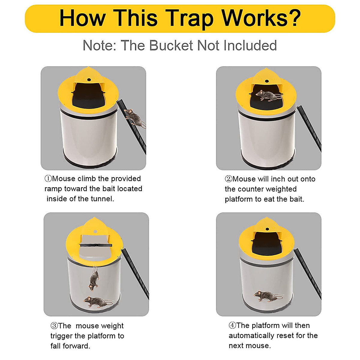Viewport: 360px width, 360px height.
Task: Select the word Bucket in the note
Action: click(x=171, y=46)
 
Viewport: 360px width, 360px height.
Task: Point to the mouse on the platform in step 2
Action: click(x=268, y=95)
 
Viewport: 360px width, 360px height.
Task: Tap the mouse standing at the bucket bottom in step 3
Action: click(x=96, y=301)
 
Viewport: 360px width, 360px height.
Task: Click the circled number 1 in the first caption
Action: click(x=48, y=179)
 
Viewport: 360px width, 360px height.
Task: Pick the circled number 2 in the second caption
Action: click(x=229, y=179)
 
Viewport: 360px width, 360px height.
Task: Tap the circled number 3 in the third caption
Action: click(x=54, y=326)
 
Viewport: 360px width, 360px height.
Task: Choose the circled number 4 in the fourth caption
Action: click(x=232, y=325)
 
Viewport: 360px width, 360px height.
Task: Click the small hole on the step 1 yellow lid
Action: click(x=89, y=80)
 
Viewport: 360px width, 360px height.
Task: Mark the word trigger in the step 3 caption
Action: click(x=61, y=336)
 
